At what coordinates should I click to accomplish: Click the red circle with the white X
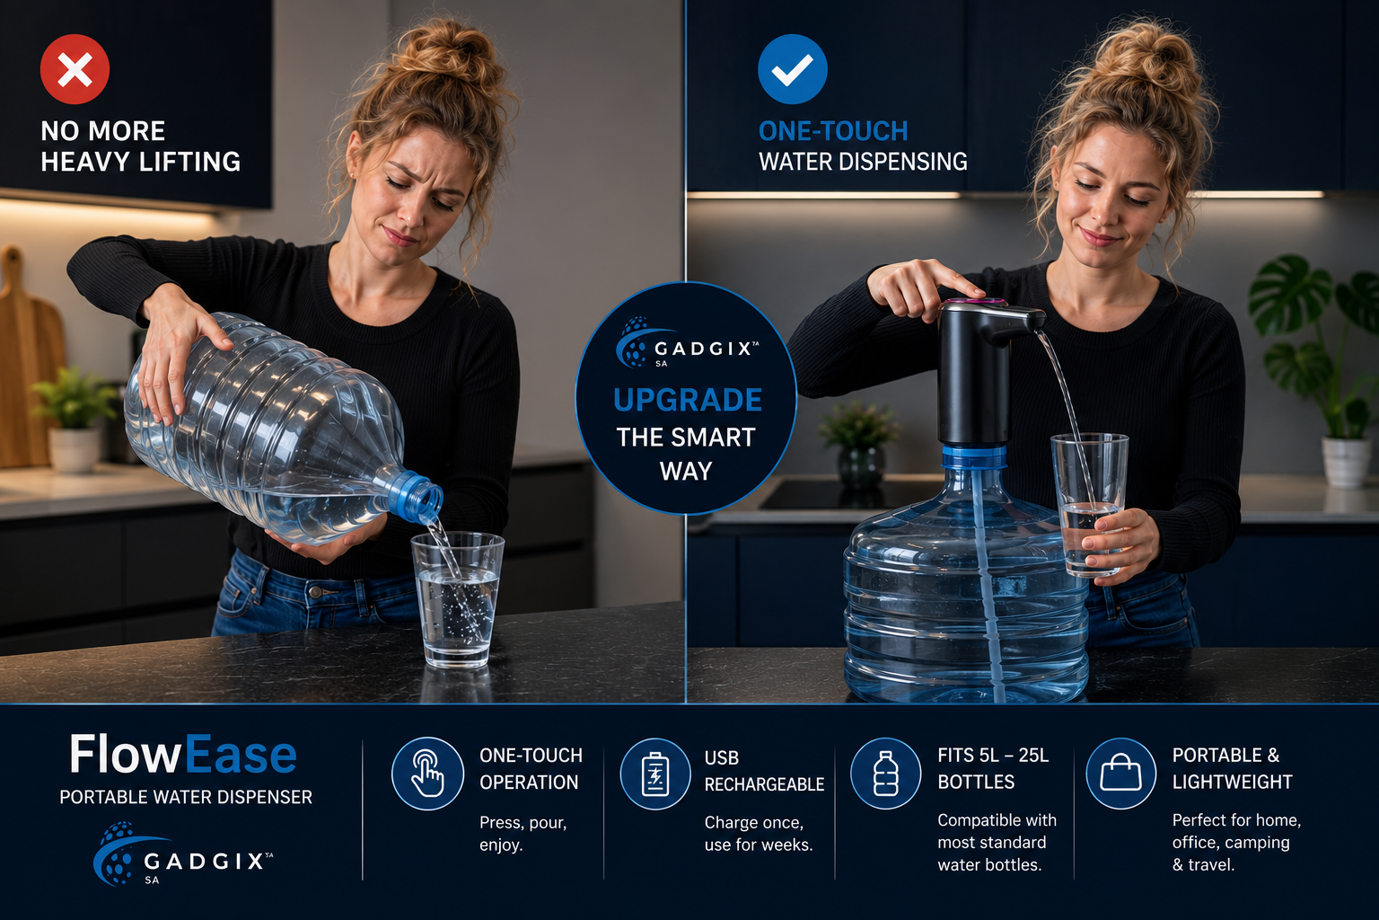tap(75, 69)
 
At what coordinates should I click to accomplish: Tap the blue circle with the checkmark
tap(793, 69)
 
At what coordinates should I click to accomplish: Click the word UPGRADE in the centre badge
tap(688, 400)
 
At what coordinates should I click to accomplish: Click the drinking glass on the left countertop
tap(457, 599)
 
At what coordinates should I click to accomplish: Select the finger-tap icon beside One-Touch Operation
tap(427, 774)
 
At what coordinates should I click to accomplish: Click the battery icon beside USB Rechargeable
tap(655, 774)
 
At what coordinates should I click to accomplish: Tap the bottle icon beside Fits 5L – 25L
tap(885, 774)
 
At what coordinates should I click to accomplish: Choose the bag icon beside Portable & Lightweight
tap(1120, 774)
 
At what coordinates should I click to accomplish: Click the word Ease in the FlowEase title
tap(241, 755)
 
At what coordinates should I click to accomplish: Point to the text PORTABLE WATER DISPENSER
tap(186, 798)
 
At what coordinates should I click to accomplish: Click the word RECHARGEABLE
tap(764, 784)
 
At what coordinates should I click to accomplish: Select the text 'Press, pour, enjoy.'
tap(523, 834)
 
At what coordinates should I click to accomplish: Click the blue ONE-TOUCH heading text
tap(833, 131)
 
